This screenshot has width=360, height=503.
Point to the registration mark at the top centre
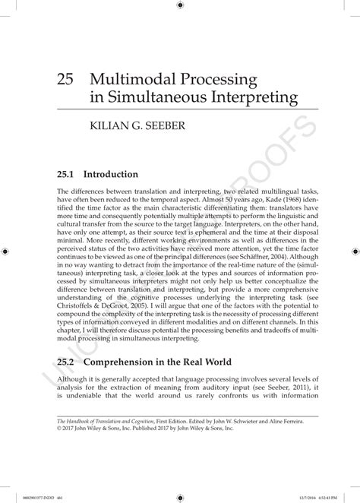point(180,6)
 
